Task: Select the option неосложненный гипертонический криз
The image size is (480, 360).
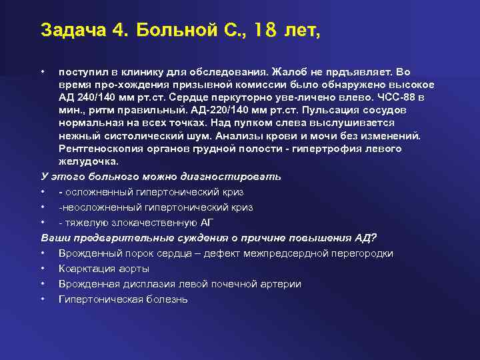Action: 155,207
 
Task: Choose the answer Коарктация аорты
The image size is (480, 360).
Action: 103,269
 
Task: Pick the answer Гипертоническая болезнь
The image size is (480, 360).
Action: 123,299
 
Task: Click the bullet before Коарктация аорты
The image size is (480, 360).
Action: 43,269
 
